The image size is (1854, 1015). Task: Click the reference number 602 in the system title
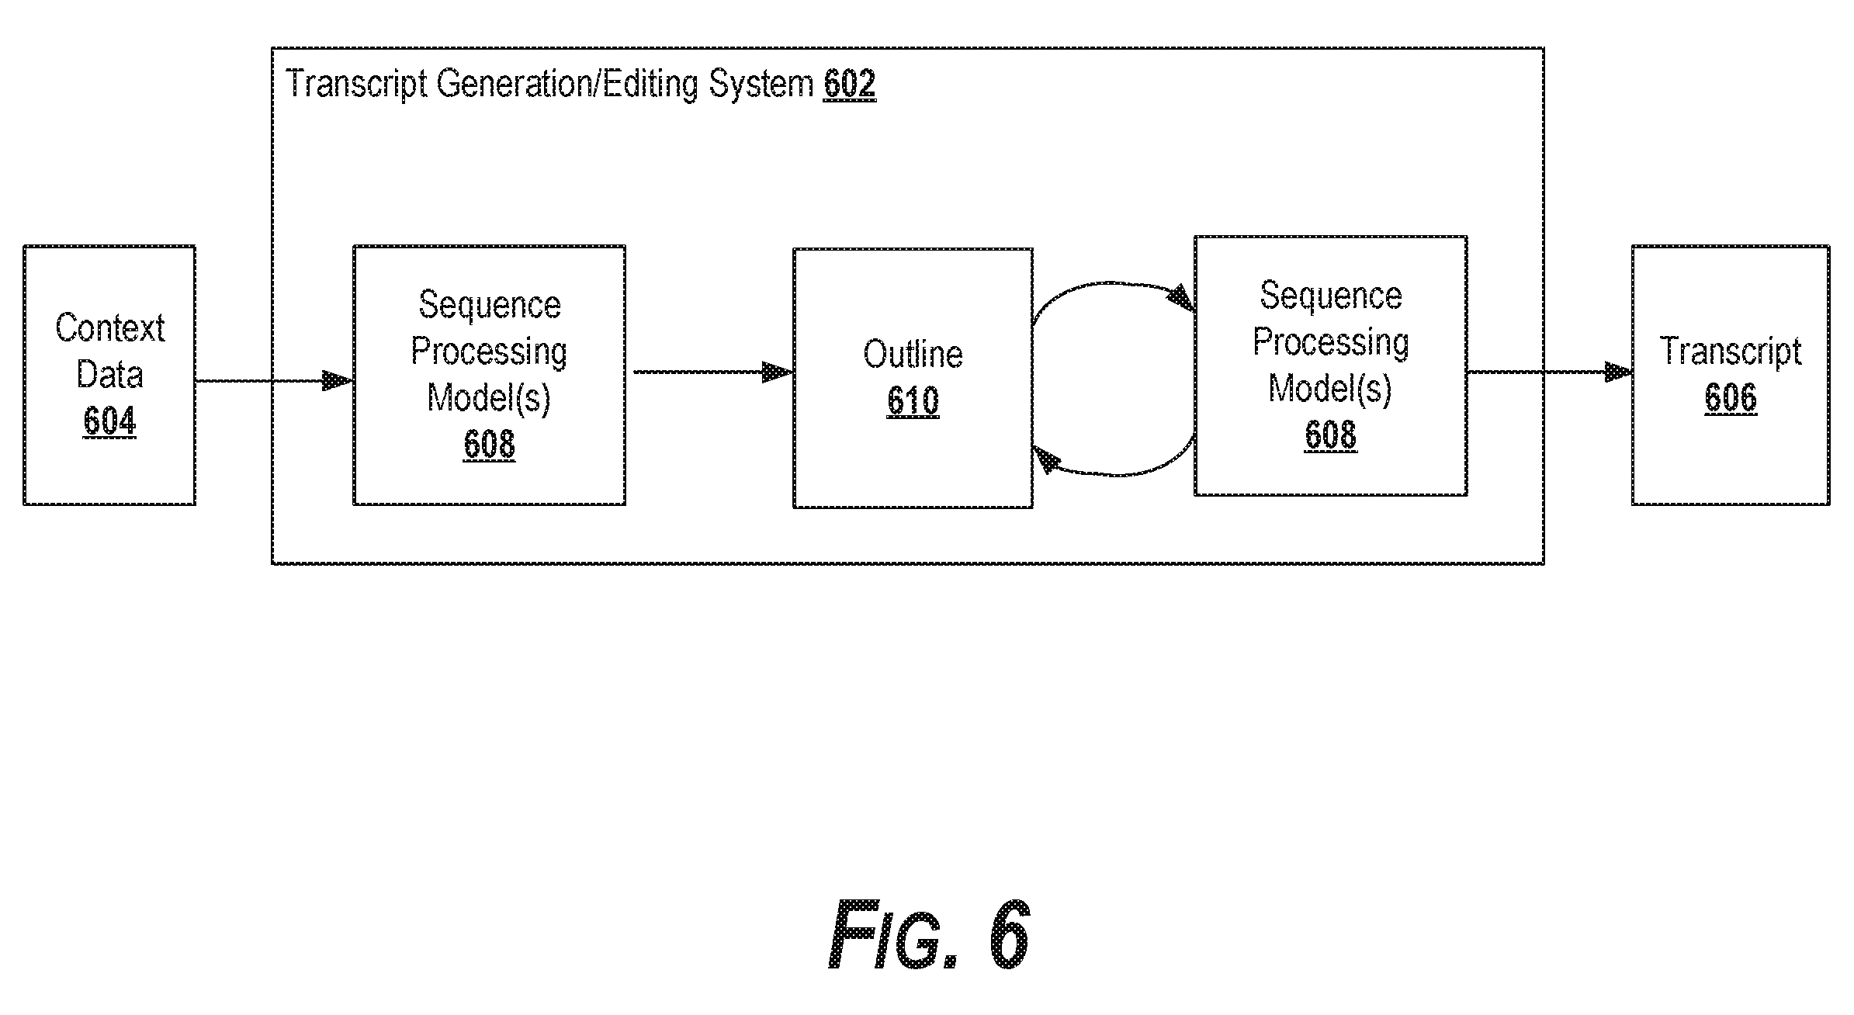pyautogui.click(x=850, y=83)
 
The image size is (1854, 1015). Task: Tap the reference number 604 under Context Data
pyautogui.click(x=109, y=421)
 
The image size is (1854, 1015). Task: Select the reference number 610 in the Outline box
pyautogui.click(x=913, y=401)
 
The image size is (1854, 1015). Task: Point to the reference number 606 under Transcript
pyautogui.click(x=1731, y=398)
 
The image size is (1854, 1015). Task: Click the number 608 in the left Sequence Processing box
pyautogui.click(x=489, y=445)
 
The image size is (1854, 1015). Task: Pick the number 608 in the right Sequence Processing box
pyautogui.click(x=1330, y=435)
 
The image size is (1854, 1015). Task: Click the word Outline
pyautogui.click(x=913, y=355)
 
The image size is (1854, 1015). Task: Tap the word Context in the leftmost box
pyautogui.click(x=109, y=328)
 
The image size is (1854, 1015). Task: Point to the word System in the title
pyautogui.click(x=761, y=85)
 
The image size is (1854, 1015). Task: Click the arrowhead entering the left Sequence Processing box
pyautogui.click(x=338, y=381)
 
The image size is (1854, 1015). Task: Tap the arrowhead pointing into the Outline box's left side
pyautogui.click(x=778, y=372)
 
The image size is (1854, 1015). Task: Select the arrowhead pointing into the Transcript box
pyautogui.click(x=1617, y=372)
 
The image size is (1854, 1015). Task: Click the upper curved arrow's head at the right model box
pyautogui.click(x=1181, y=298)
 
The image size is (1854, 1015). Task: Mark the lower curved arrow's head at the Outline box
pyautogui.click(x=1047, y=460)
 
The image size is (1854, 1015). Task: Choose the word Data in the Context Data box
pyautogui.click(x=109, y=375)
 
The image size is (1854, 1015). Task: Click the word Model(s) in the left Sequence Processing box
pyautogui.click(x=489, y=399)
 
